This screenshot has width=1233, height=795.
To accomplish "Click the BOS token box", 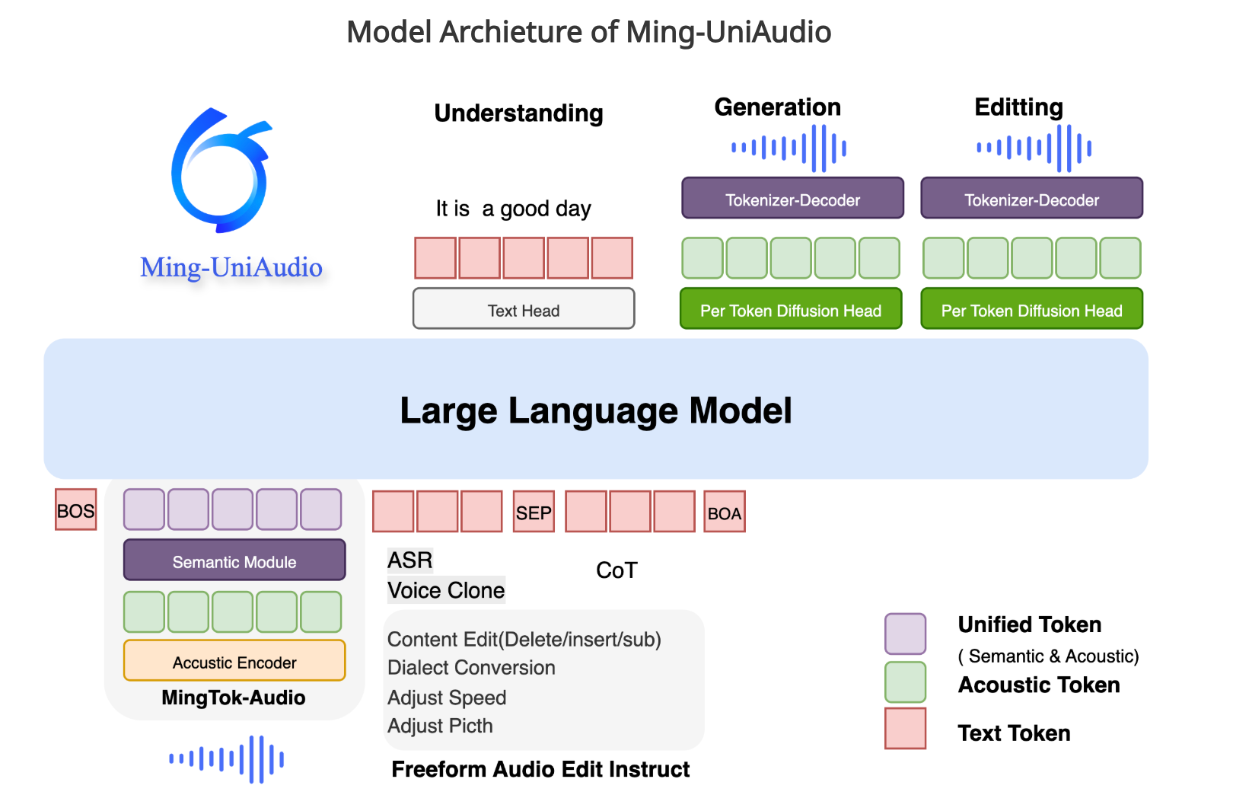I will [76, 510].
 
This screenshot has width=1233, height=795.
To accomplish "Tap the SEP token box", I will [534, 512].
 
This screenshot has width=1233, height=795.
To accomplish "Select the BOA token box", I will [724, 512].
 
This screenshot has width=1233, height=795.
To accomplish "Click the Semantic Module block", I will [234, 561].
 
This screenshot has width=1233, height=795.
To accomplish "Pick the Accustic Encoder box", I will [234, 661].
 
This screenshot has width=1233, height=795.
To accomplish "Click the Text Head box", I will [524, 309].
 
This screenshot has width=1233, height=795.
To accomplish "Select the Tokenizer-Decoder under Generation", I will [792, 199].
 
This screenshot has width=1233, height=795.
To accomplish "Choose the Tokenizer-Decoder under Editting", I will [1031, 199].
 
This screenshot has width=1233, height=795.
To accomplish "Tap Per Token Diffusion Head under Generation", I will [791, 309].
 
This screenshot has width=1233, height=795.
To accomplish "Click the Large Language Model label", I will [596, 410].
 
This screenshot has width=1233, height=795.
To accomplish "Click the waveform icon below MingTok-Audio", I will [227, 758].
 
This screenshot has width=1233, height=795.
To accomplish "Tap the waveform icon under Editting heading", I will [1034, 148].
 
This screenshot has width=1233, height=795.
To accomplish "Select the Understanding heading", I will [518, 113].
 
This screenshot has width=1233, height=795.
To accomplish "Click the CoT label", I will [616, 570].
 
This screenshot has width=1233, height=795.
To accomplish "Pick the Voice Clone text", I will [446, 590].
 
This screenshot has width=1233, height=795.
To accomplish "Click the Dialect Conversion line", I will [471, 668].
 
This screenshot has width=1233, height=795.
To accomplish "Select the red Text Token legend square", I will [905, 729].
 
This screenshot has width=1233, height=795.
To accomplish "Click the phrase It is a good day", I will [513, 209].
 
